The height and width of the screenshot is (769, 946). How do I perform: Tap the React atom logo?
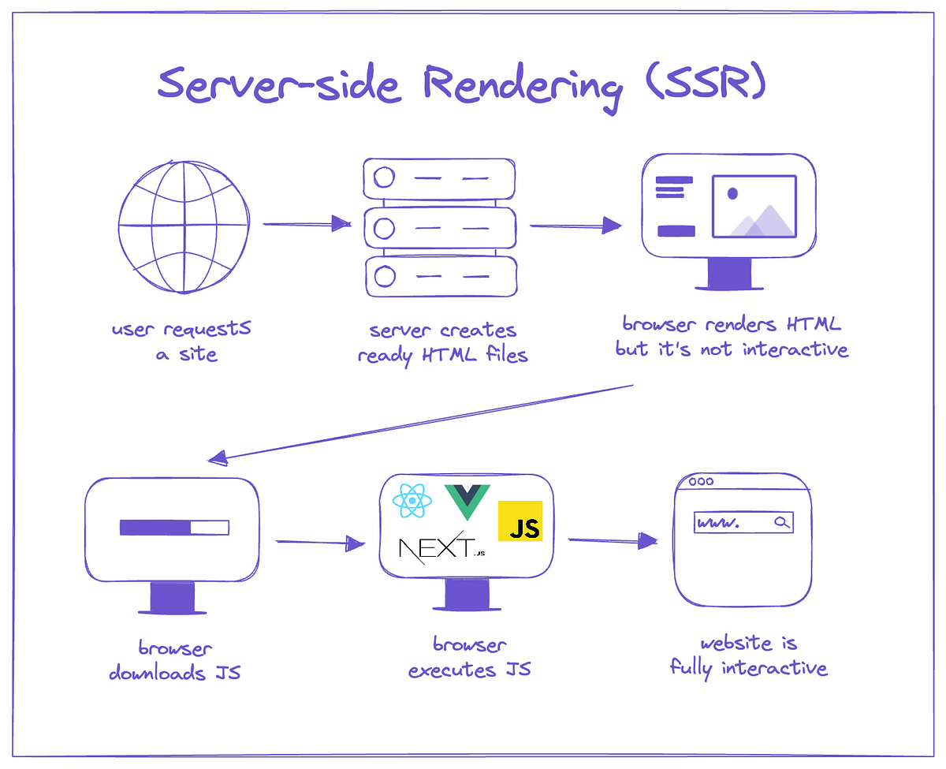pos(412,500)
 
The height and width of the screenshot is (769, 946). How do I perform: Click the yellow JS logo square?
pos(520,521)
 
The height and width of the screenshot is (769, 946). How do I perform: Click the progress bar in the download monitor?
pos(174,527)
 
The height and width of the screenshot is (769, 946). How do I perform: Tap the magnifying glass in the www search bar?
pos(781,522)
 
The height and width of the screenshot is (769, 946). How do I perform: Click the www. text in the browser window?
pos(718,523)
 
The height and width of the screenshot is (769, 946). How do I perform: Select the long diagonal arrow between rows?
pos(422,422)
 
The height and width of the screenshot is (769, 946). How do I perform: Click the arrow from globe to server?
pos(307,224)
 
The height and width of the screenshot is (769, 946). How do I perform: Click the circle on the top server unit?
pos(384,178)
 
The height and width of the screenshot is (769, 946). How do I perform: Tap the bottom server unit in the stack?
pos(440,276)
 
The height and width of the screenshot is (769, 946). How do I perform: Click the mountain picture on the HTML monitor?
pos(754,207)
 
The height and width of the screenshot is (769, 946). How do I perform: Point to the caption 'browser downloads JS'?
pos(175,661)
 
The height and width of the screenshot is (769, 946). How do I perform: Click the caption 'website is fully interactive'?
pos(748,656)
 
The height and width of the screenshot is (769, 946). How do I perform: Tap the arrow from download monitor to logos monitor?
pos(320,543)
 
